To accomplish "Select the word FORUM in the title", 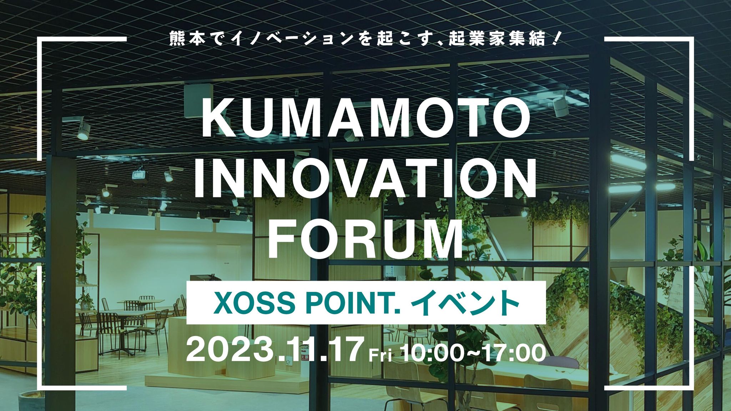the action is pos(365,238).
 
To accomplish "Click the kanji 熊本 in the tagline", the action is pos(187,39).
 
